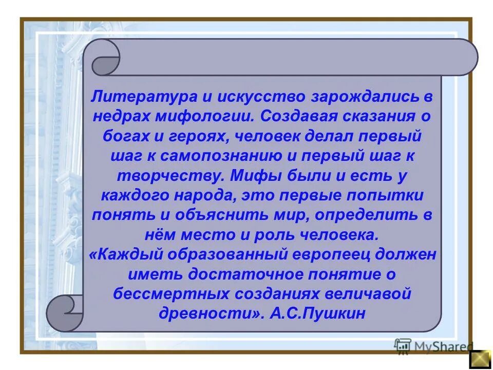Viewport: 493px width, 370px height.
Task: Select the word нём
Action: coord(157,235)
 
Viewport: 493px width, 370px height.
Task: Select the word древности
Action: coord(201,313)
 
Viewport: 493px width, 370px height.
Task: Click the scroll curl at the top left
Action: coord(105,58)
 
